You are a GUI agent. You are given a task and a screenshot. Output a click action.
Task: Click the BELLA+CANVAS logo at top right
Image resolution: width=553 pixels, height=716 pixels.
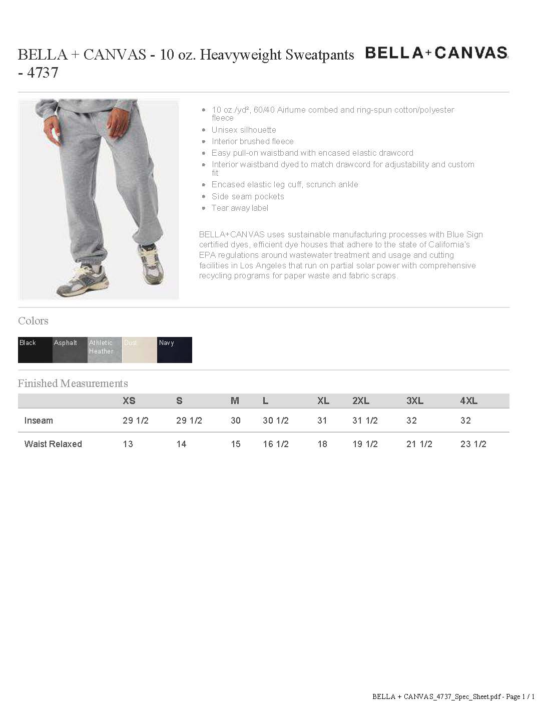click(x=436, y=53)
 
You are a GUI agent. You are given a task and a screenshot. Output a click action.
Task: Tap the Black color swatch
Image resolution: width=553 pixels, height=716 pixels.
click(x=35, y=350)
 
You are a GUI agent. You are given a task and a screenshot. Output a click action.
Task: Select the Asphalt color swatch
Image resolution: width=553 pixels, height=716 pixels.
click(x=70, y=350)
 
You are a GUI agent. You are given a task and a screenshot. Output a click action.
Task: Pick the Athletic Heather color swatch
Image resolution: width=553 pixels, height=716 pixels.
click(x=105, y=350)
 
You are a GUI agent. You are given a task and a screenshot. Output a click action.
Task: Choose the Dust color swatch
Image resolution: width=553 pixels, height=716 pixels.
click(x=140, y=350)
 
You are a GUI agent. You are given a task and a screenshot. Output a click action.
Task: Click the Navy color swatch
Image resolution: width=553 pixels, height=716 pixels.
click(x=175, y=350)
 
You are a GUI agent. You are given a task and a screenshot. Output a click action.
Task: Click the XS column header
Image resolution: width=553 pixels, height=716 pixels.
click(x=129, y=401)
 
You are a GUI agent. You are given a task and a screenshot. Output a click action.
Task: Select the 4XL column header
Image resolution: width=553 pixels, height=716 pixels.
click(x=469, y=401)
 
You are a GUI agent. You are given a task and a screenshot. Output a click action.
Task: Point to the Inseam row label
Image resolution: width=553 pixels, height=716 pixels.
click(x=39, y=421)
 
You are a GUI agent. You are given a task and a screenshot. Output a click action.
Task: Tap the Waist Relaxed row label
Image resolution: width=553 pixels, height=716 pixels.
click(x=53, y=444)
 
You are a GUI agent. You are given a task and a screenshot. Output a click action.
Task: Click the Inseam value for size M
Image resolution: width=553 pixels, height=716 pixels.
click(x=236, y=421)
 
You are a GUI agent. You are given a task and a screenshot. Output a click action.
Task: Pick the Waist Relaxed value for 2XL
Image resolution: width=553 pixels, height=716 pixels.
click(x=365, y=444)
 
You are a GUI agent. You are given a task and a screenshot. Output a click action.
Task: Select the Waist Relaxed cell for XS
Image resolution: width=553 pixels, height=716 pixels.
click(x=128, y=444)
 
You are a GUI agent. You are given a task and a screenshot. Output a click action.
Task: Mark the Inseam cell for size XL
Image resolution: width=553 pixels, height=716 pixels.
click(x=322, y=421)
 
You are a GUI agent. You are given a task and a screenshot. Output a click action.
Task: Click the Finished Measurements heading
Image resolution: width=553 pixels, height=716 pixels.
click(x=73, y=384)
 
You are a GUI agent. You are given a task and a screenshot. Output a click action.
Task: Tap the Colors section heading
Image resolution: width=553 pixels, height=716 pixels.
click(x=33, y=321)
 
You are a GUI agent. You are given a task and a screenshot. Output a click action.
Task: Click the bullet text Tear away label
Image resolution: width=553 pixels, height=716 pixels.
click(x=240, y=208)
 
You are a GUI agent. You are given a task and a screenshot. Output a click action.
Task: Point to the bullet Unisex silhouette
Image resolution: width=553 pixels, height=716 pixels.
click(x=244, y=130)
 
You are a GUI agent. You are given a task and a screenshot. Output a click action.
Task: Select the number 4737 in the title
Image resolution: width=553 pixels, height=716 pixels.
click(x=43, y=73)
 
